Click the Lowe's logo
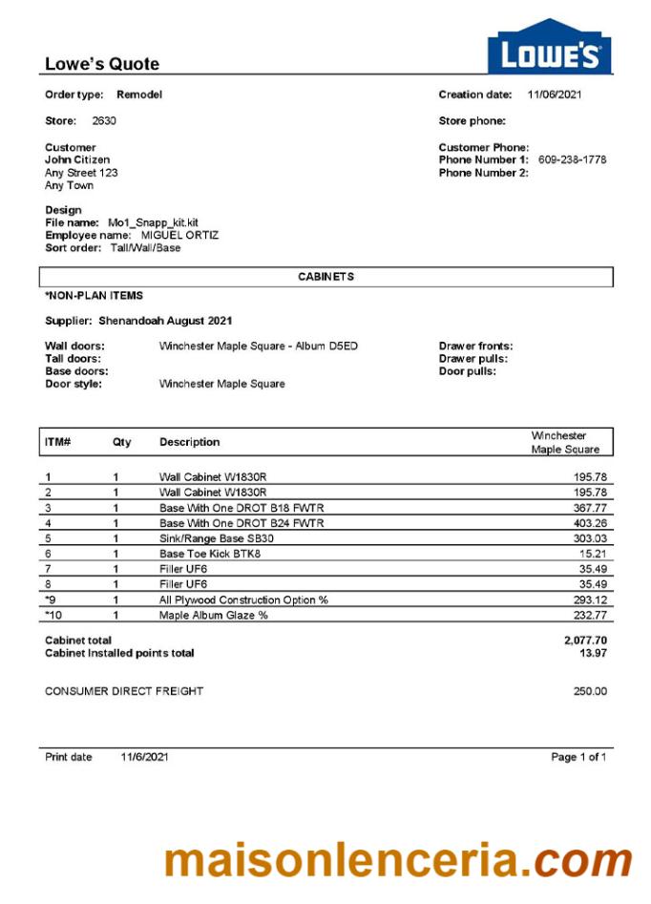click(549, 48)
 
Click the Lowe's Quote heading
click(102, 64)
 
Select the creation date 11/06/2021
click(555, 95)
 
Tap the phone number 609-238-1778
click(572, 160)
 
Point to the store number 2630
click(104, 121)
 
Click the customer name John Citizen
click(77, 160)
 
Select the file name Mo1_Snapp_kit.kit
click(153, 222)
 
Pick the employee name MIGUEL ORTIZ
click(179, 235)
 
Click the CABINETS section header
click(325, 277)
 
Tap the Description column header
click(189, 442)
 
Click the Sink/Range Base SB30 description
click(223, 538)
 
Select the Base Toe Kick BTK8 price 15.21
click(592, 554)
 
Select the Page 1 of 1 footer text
click(578, 757)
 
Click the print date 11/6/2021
click(144, 757)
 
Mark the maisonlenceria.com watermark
click(397, 861)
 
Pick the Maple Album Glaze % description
click(214, 616)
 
